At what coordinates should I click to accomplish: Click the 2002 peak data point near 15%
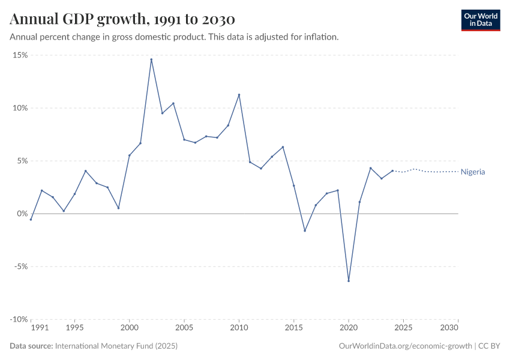pos(151,59)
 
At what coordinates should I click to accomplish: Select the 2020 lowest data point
pos(349,281)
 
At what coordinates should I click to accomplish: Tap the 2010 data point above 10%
pos(239,95)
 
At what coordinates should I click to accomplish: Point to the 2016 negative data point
pos(305,230)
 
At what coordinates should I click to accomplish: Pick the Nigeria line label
pos(473,172)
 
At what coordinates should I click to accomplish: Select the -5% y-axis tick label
pos(19,266)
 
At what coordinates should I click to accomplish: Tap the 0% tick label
pos(22,214)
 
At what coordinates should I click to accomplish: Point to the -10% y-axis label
pos(18,319)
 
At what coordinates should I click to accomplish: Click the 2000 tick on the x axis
pos(129,328)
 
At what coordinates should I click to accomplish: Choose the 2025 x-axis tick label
pos(403,328)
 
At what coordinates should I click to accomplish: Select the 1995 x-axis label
pos(74,328)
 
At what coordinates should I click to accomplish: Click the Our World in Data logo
pos(480,19)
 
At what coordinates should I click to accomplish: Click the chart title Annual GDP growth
pos(122,19)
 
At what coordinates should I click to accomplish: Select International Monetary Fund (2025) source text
pos(116,346)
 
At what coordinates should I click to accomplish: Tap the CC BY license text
pos(490,346)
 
